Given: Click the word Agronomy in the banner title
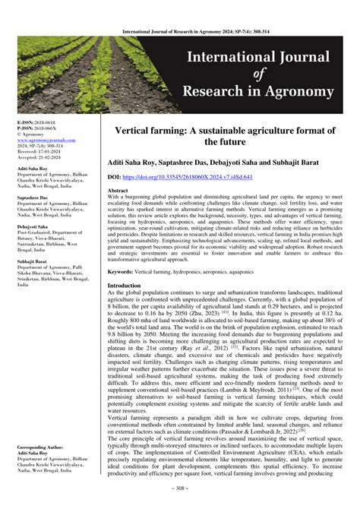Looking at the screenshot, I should click(x=299, y=93).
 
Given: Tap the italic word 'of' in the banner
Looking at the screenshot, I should click(x=257, y=74).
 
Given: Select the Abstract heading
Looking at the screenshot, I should click(x=118, y=190).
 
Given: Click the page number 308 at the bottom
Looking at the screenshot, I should click(x=179, y=501).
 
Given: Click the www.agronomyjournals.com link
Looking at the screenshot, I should click(x=43, y=139).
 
